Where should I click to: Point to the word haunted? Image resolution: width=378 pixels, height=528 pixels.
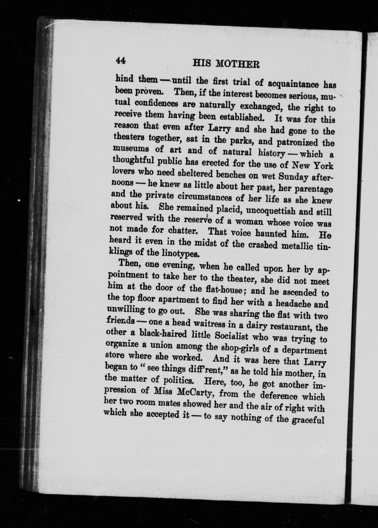[271, 234]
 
